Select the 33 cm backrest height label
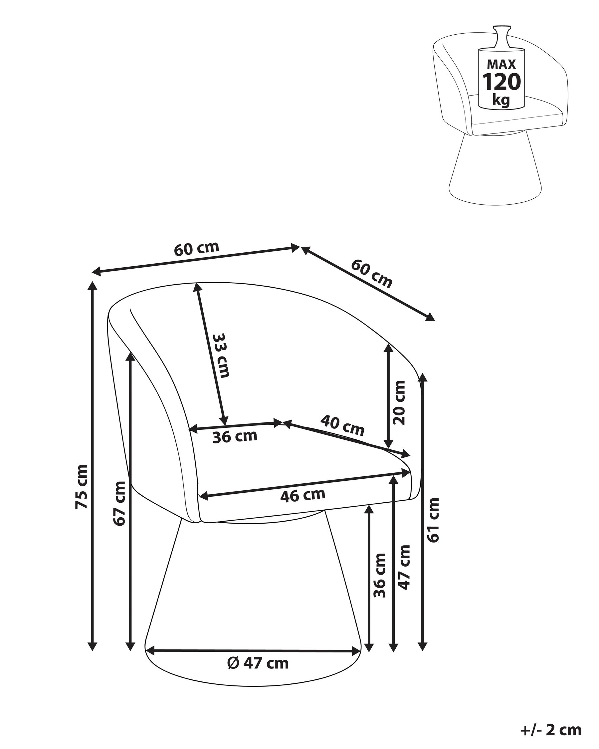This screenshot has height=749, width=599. click(x=221, y=356)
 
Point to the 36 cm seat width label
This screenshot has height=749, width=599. click(x=235, y=436)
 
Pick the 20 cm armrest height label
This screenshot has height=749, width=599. click(x=399, y=402)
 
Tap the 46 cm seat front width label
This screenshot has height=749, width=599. click(x=303, y=495)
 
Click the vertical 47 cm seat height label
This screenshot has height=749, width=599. click(x=404, y=567)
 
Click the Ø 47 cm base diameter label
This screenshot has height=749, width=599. click(x=258, y=663)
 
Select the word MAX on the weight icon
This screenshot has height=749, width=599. click(x=502, y=64)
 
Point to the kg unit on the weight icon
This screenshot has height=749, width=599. click(x=501, y=101)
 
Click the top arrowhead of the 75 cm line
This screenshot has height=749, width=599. click(x=92, y=286)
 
